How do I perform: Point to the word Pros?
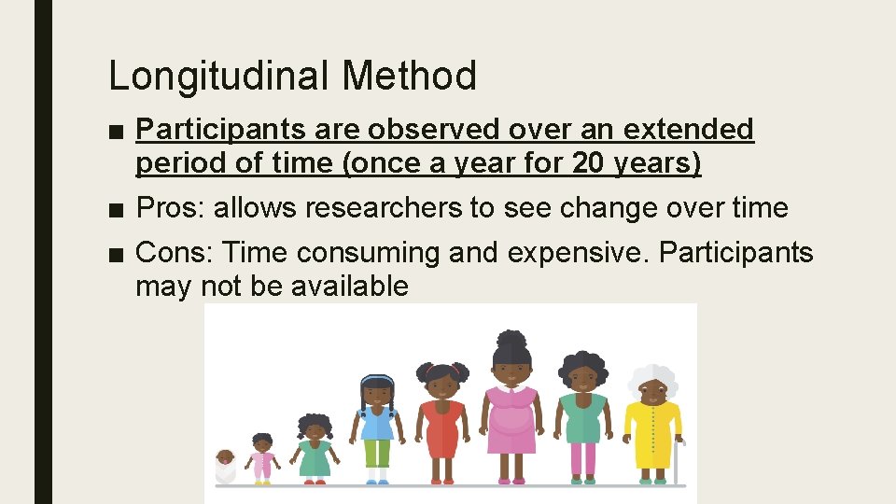click(x=170, y=208)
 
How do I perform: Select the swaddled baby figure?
click(x=225, y=466)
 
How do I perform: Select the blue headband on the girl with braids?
click(x=377, y=379)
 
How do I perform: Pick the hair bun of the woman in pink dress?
click(x=511, y=338)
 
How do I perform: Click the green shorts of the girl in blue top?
click(x=377, y=454)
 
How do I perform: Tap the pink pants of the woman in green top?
click(x=583, y=457)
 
